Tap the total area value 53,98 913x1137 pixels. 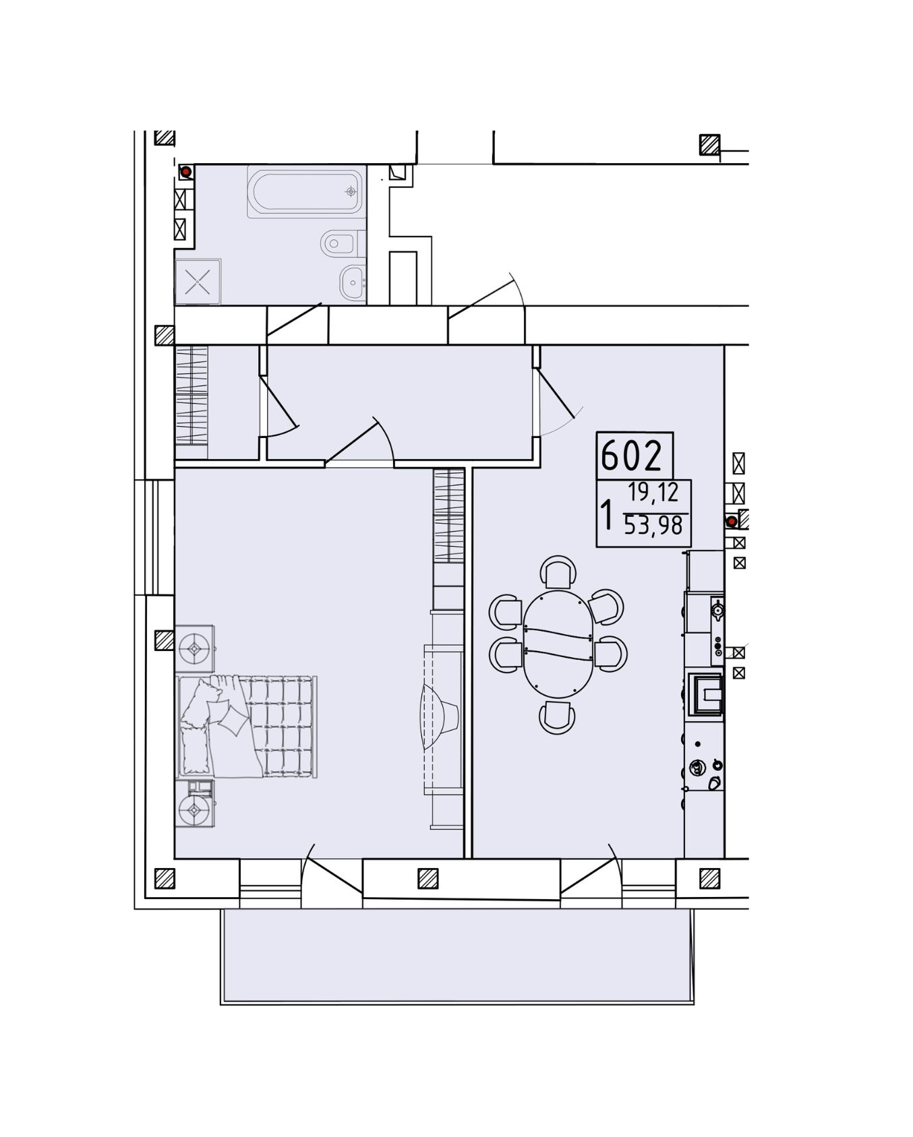(x=653, y=526)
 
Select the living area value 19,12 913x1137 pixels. (x=653, y=493)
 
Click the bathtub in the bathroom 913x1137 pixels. (x=304, y=191)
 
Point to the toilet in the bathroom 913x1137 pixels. (x=343, y=243)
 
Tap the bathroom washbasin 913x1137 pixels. (x=353, y=282)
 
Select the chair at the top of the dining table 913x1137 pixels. (x=558, y=573)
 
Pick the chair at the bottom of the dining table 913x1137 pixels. (x=557, y=717)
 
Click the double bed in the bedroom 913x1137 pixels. (x=246, y=727)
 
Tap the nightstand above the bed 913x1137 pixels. (x=195, y=648)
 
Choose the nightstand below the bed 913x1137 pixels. (x=195, y=804)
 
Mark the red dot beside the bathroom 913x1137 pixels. (x=185, y=172)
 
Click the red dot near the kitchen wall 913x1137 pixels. (x=730, y=521)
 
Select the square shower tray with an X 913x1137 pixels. (x=198, y=281)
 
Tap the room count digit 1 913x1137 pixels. (x=608, y=516)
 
